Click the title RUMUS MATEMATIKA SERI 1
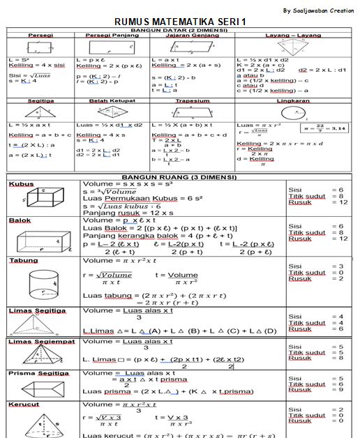point(180,22)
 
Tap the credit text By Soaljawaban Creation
point(318,10)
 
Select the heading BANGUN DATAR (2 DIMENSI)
point(179,29)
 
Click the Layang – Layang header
point(293,35)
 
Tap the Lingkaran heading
point(293,100)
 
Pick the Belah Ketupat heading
point(109,100)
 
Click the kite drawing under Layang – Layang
point(293,47)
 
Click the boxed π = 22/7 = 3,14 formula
point(327,128)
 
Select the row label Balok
point(20,220)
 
